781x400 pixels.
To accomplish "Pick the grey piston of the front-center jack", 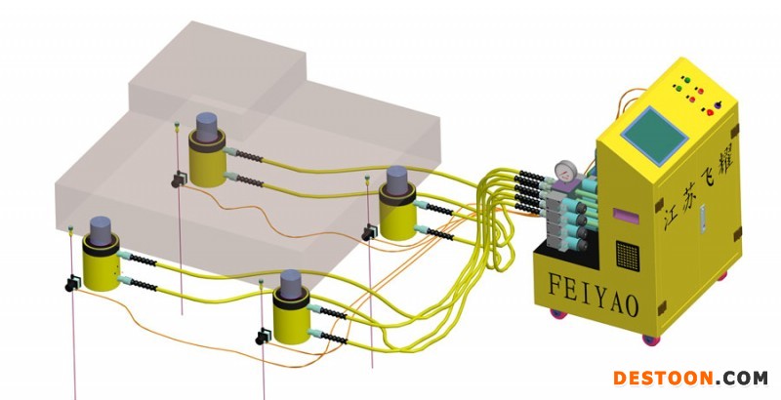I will (x=292, y=284).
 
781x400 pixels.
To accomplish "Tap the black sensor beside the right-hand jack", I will (x=369, y=232).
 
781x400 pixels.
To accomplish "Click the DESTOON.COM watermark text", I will (x=689, y=378).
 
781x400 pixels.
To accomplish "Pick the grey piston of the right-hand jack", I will (x=395, y=181).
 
